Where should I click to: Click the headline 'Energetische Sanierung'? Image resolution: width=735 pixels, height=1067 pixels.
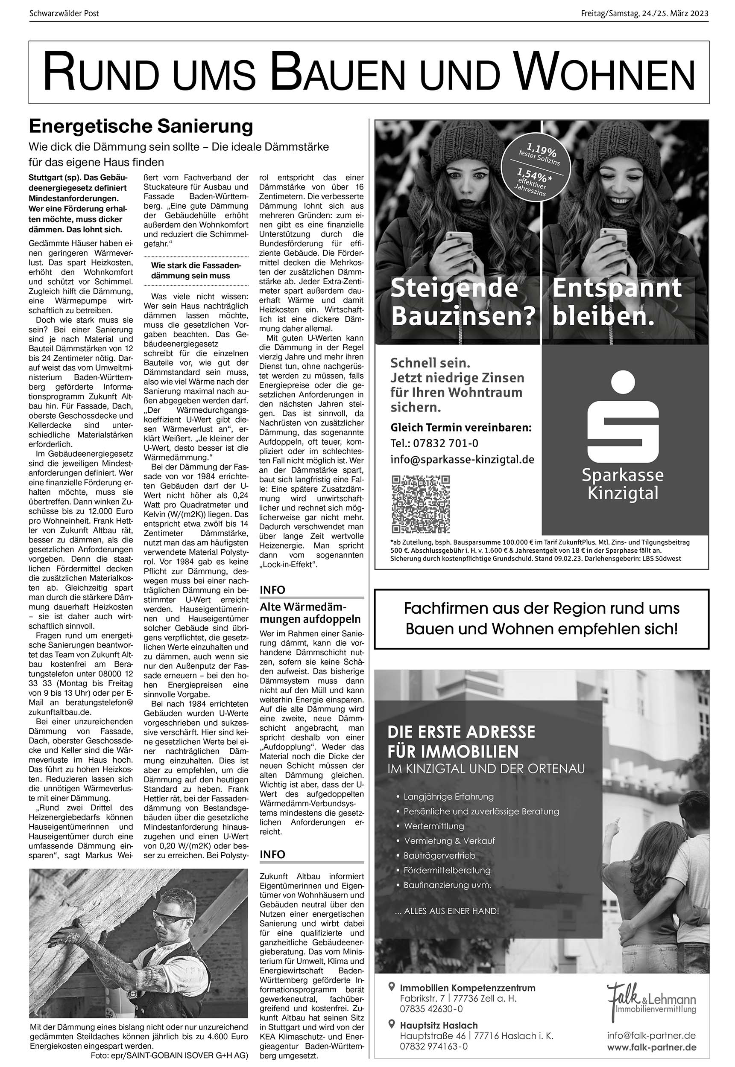pos(141,125)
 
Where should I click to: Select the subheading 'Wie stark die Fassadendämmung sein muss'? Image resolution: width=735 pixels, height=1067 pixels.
pos(196,271)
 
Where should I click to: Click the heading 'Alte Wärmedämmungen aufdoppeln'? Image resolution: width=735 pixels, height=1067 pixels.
pos(310,612)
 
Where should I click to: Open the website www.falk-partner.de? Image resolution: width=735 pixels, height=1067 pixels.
pos(651,1048)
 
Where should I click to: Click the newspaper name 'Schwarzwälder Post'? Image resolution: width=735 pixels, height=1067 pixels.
pos(64,13)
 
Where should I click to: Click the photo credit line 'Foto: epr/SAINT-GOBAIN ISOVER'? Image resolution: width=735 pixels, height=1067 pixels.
pos(170,1055)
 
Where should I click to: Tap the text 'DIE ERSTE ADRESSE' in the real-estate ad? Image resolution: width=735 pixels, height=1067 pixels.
pos(461,732)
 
